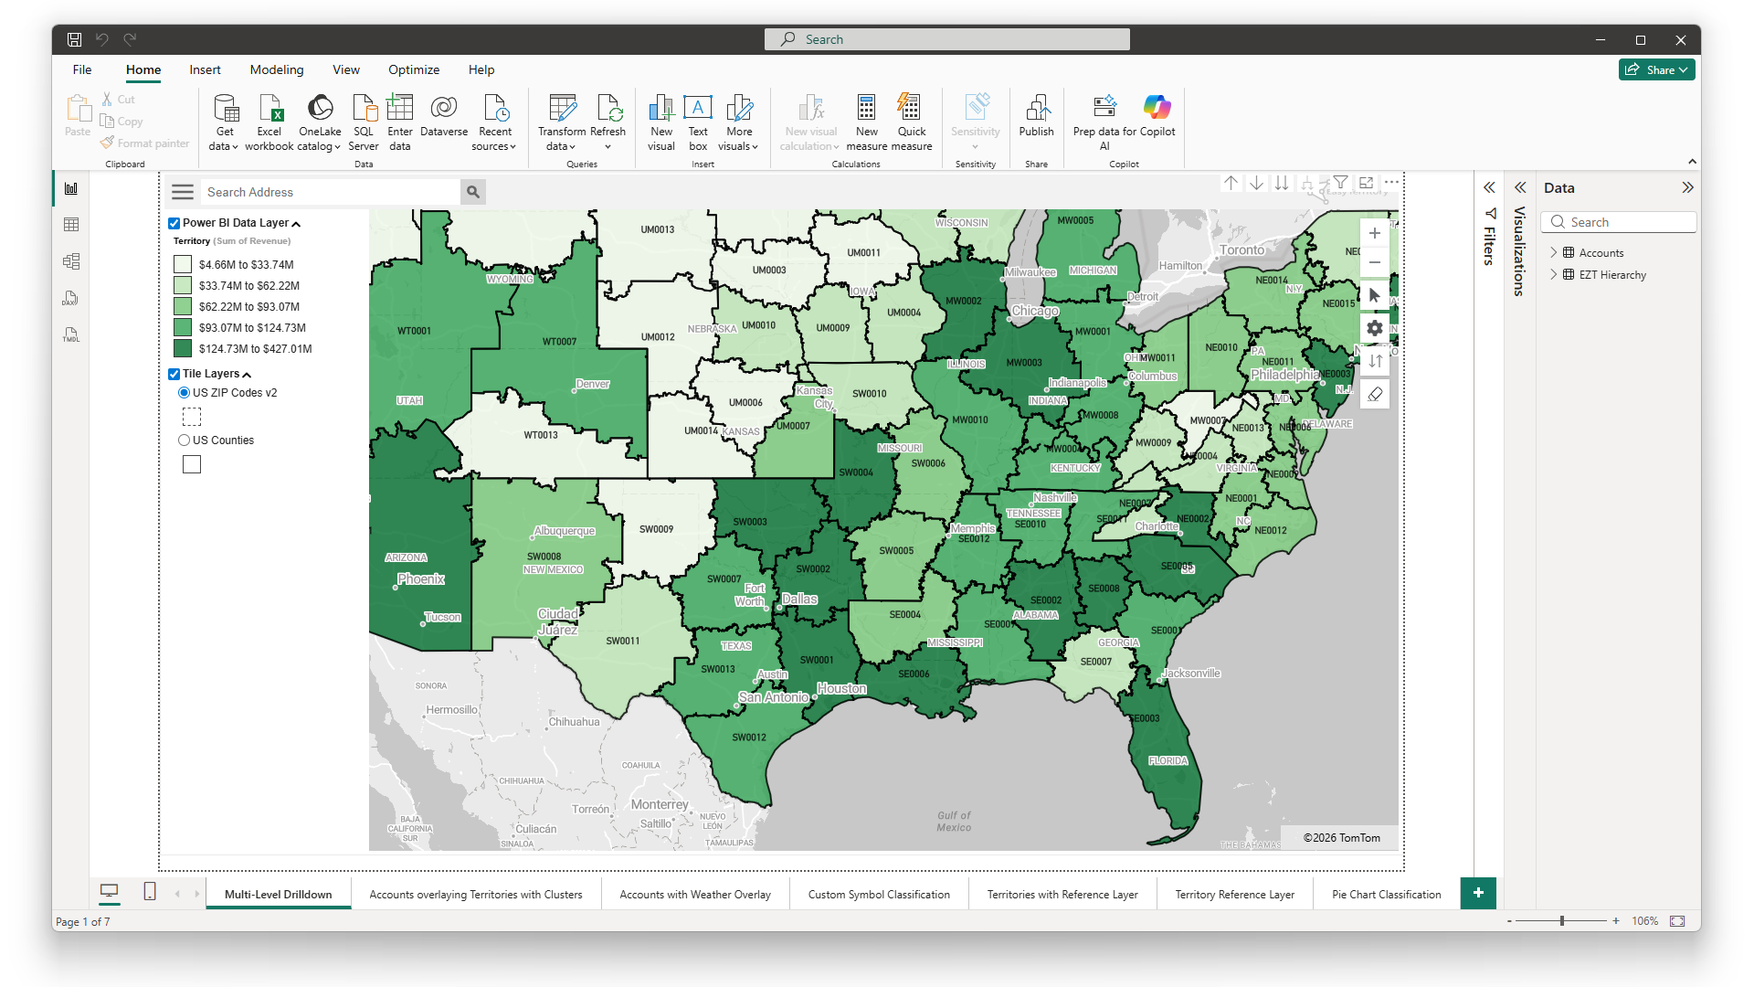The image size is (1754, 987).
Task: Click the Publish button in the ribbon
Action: [x=1036, y=117]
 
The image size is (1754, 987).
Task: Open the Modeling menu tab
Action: [x=277, y=69]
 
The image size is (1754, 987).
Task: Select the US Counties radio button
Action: [x=185, y=440]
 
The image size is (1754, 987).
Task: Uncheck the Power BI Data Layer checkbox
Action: [x=174, y=223]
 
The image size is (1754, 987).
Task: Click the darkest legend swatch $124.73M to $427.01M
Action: [x=183, y=348]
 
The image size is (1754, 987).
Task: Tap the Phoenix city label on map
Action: [x=421, y=578]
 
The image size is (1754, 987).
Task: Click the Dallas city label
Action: [x=799, y=599]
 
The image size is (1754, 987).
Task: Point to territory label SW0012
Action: [x=749, y=738]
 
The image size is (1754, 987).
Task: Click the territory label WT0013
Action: [x=541, y=435]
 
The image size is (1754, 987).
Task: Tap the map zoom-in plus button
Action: [x=1374, y=233]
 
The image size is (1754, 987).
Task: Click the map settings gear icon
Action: [x=1374, y=328]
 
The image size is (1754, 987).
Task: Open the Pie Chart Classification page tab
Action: [x=1386, y=895]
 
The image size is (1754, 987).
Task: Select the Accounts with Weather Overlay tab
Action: [x=695, y=895]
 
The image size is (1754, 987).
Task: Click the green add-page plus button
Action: [x=1478, y=893]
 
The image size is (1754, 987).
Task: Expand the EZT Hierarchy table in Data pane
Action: [x=1554, y=274]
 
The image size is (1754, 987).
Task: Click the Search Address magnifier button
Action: [x=473, y=192]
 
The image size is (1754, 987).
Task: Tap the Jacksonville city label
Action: [x=1191, y=674]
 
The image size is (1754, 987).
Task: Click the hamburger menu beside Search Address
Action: [x=183, y=192]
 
